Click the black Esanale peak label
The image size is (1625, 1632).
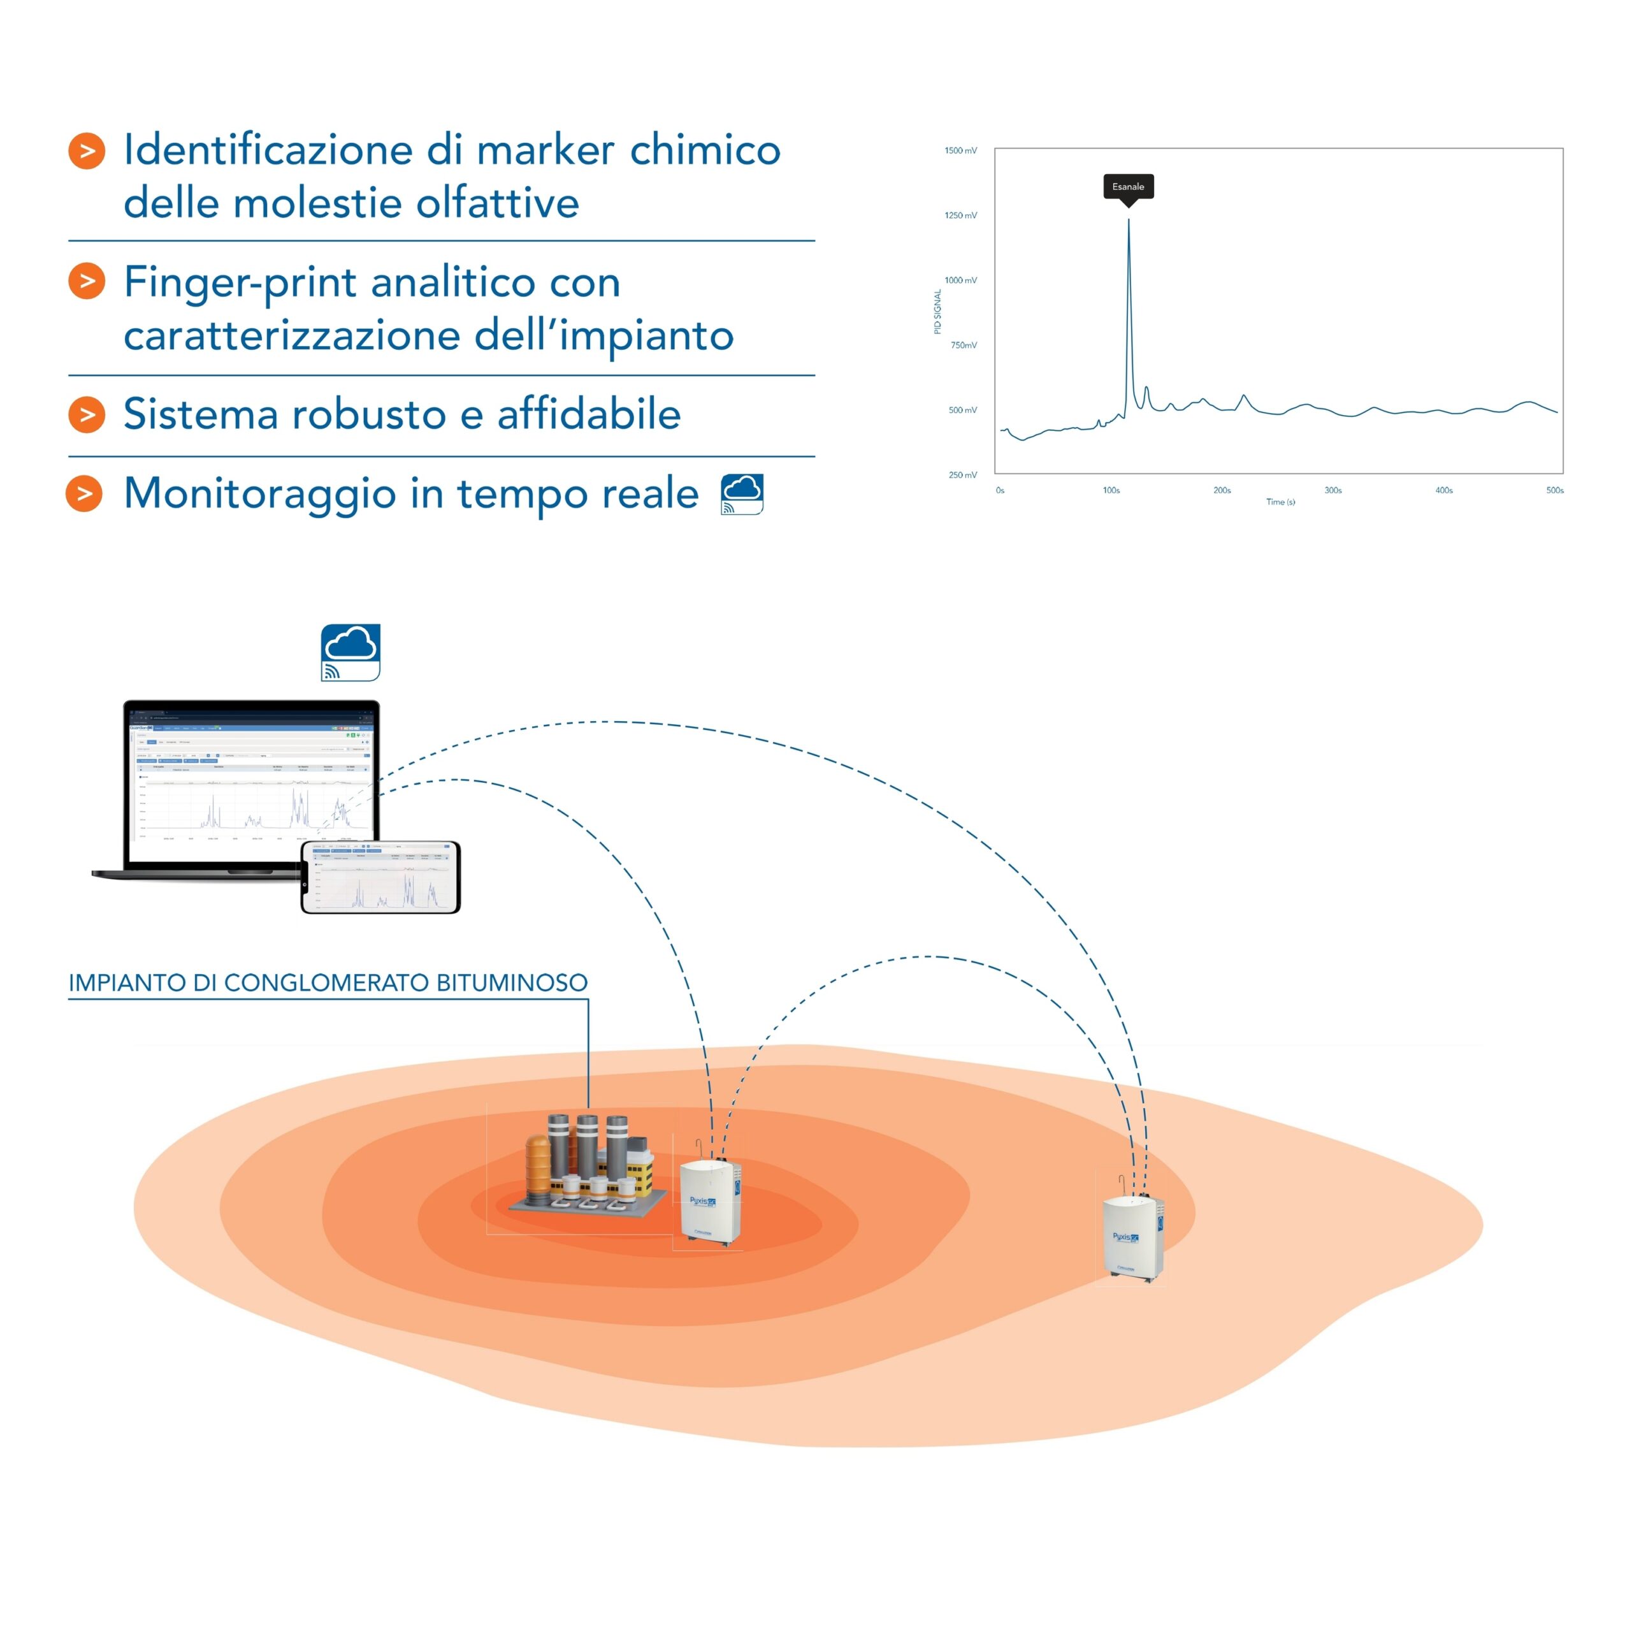click(1129, 187)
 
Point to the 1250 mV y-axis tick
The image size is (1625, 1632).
click(960, 215)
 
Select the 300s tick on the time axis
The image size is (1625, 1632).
click(1332, 490)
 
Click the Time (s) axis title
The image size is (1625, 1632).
click(1280, 502)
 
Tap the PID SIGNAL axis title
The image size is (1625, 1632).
click(937, 312)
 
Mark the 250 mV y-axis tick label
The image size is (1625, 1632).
click(962, 475)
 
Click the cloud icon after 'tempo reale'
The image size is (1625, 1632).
click(742, 494)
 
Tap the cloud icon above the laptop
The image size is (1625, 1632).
click(350, 652)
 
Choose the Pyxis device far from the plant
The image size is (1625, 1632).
click(1132, 1237)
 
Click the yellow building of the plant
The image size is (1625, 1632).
click(640, 1174)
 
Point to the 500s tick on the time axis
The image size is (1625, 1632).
click(1555, 490)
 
